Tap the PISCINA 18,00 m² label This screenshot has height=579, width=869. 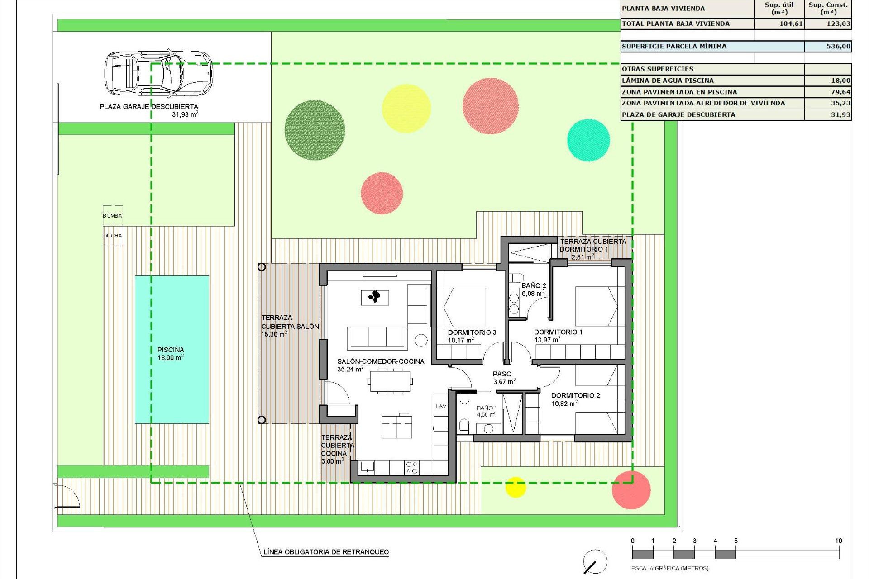pyautogui.click(x=171, y=354)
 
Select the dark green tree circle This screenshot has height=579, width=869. pyautogui.click(x=315, y=130)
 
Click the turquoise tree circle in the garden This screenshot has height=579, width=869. pyautogui.click(x=588, y=140)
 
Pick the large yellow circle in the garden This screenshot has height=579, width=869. pyautogui.click(x=406, y=108)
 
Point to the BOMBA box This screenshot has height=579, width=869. pyautogui.click(x=113, y=216)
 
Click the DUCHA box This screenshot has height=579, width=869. pyautogui.click(x=113, y=236)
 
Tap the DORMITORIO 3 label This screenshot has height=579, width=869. pyautogui.click(x=472, y=332)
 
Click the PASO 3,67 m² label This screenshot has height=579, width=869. pyautogui.click(x=502, y=378)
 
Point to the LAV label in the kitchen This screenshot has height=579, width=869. pyautogui.click(x=441, y=406)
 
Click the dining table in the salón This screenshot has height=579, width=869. pyautogui.click(x=390, y=381)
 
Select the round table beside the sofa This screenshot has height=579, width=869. pyautogui.click(x=421, y=340)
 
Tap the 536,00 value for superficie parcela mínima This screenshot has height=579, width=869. pyautogui.click(x=838, y=46)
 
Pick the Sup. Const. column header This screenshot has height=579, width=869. pyautogui.click(x=828, y=9)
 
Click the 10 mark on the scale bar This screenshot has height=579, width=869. pyautogui.click(x=838, y=541)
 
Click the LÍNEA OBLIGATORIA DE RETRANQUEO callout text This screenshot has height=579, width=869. pyautogui.click(x=326, y=552)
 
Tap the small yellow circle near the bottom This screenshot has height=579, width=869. pyautogui.click(x=515, y=487)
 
